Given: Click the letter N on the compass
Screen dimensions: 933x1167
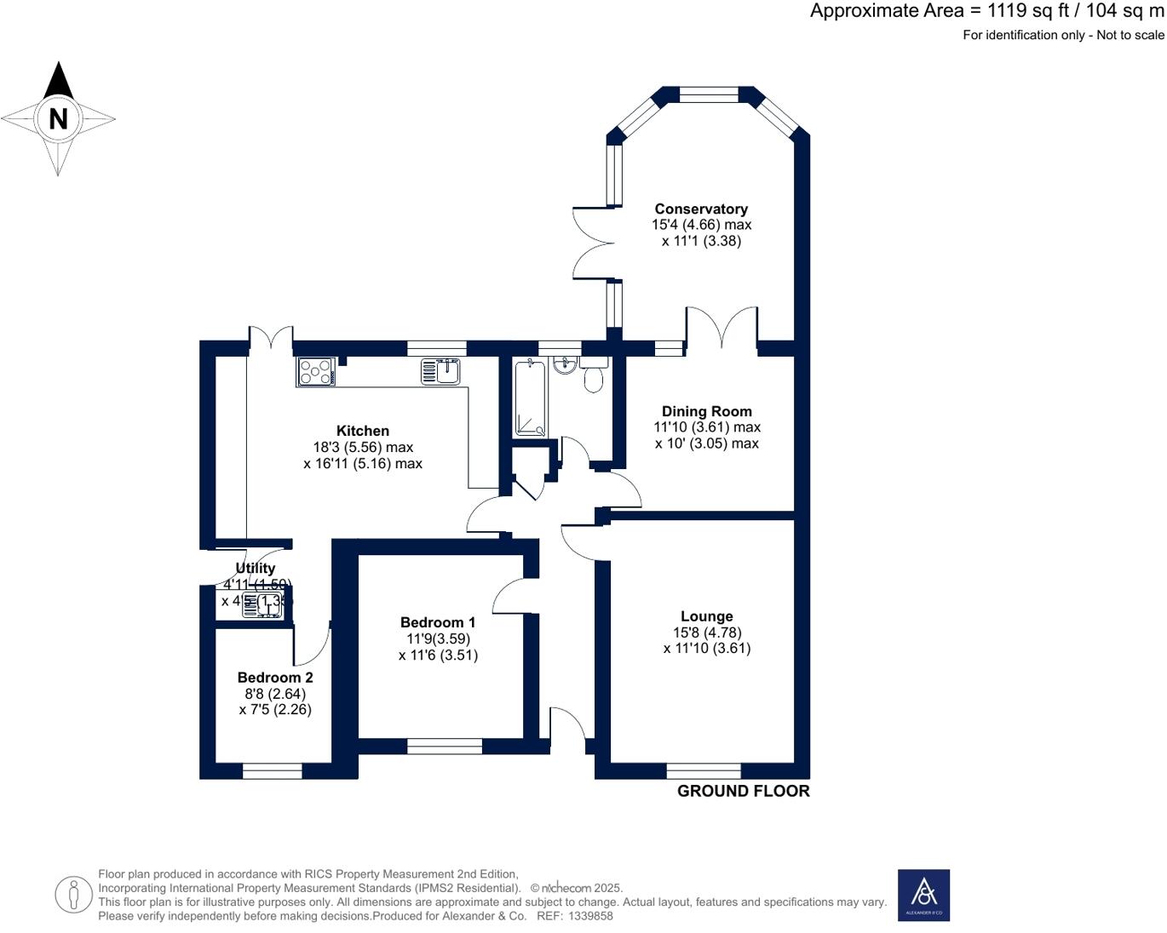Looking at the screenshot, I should tap(58, 118).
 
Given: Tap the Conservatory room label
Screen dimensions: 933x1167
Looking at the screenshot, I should tap(701, 209).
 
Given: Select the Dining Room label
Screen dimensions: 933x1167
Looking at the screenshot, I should tap(706, 411).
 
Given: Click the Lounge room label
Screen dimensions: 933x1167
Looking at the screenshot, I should tap(706, 616).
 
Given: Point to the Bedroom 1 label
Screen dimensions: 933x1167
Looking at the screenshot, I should tap(438, 622).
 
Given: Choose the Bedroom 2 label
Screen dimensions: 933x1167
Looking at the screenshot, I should tap(275, 678).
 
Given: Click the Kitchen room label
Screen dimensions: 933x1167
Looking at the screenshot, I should tap(363, 431).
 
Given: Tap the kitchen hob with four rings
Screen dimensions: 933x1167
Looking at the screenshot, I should tap(316, 372).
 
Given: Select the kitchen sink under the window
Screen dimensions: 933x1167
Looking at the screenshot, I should tap(441, 372).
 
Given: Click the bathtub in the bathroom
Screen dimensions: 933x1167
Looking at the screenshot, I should tap(530, 398).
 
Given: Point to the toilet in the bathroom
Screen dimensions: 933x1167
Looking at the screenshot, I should tap(594, 376).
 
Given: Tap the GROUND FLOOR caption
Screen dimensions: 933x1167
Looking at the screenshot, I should tap(743, 791).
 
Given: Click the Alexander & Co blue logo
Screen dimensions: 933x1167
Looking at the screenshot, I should tap(923, 895).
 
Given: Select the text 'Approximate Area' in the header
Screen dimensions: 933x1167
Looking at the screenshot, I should tap(886, 11).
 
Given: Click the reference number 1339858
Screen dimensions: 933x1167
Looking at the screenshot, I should tap(590, 916).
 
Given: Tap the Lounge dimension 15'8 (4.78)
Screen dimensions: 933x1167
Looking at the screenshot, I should tap(706, 632).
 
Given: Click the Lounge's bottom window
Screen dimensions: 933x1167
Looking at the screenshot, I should tap(704, 771).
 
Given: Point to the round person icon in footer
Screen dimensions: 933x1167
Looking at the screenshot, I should tap(74, 895).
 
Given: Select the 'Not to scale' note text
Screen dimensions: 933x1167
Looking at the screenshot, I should tap(1130, 35).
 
